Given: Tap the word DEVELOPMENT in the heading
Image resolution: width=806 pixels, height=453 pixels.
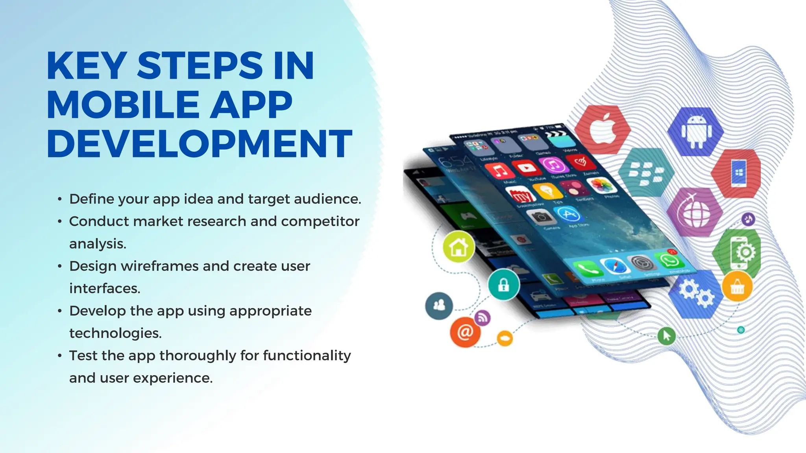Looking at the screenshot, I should (x=199, y=144).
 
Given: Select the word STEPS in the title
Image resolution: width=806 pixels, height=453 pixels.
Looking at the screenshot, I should (x=200, y=66).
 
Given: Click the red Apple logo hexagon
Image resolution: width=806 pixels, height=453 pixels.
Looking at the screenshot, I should (x=602, y=129).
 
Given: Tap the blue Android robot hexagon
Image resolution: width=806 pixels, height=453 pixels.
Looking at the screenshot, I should (x=696, y=132).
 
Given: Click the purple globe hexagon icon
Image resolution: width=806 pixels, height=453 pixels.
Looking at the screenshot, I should (x=695, y=212).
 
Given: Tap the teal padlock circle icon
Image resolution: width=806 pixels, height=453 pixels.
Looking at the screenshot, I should (x=503, y=285).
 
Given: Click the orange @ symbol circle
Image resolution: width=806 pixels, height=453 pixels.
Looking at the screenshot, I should (x=465, y=332).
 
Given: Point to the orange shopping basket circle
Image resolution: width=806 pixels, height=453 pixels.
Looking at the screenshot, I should (x=737, y=287).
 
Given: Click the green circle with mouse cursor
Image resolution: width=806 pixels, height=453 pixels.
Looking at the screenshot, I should (x=666, y=336).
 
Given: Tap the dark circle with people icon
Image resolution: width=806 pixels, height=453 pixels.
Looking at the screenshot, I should (x=439, y=306).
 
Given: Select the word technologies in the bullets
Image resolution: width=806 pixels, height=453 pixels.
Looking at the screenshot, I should (x=115, y=333).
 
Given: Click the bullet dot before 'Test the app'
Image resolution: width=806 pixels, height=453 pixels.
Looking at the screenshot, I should (x=60, y=356).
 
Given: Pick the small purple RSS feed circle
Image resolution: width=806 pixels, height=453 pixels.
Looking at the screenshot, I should (x=482, y=318).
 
